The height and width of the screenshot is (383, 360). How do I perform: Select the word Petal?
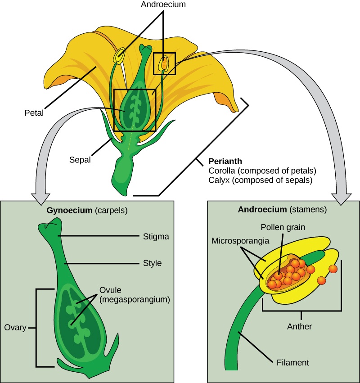coord(34,113)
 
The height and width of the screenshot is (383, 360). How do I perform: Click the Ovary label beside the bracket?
coord(14,328)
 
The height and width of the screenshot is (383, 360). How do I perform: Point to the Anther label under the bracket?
coord(299,326)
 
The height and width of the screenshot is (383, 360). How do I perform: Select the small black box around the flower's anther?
coord(164,63)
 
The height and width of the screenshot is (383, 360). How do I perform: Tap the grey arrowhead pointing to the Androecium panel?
coord(342,197)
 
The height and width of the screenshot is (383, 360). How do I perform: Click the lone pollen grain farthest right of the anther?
coord(333,269)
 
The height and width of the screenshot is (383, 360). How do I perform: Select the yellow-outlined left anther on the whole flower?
coord(120,56)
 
